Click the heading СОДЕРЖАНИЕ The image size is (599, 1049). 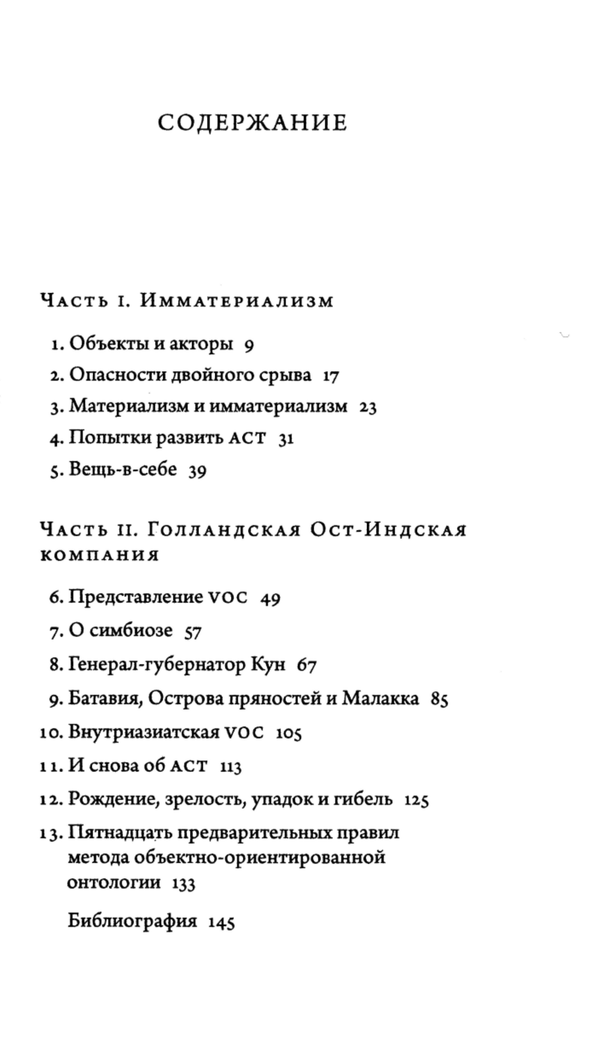click(252, 123)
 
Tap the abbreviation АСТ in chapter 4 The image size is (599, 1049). click(247, 438)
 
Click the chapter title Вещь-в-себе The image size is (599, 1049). click(123, 469)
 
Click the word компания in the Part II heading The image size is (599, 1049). click(100, 555)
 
